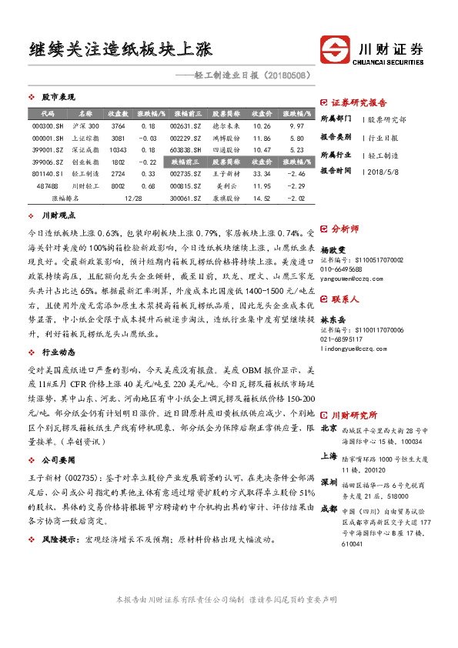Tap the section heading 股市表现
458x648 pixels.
(x=58, y=98)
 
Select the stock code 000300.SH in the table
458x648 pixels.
(x=48, y=125)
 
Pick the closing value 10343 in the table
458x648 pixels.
(x=118, y=150)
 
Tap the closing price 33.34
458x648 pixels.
(x=262, y=175)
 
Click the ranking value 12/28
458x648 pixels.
(x=133, y=199)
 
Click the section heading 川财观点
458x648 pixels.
(x=58, y=217)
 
